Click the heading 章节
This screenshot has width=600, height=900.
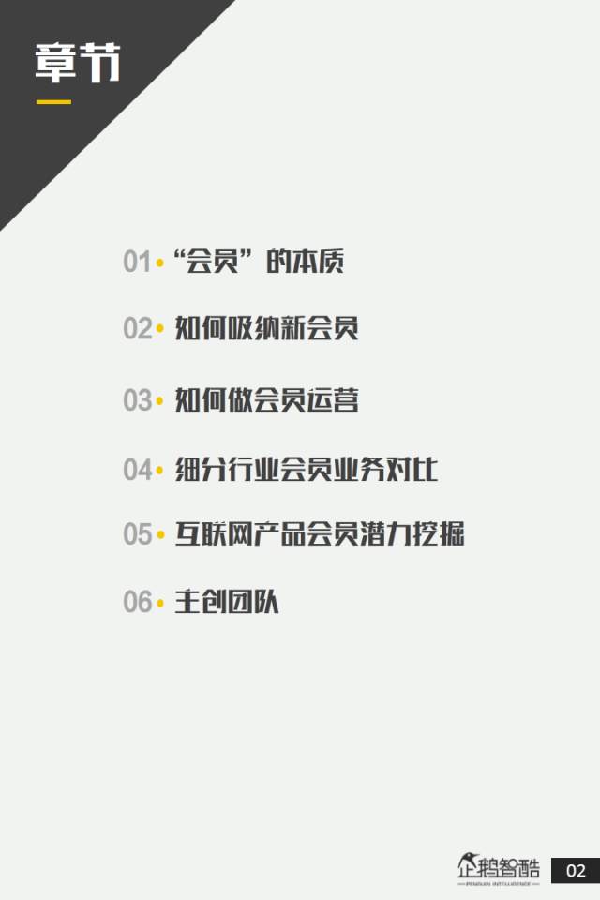[79, 64]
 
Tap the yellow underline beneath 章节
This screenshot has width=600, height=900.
[53, 101]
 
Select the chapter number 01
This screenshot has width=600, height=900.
[137, 262]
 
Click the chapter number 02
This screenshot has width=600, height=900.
[137, 329]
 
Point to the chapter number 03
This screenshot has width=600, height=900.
[137, 400]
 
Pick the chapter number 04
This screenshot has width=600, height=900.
[137, 469]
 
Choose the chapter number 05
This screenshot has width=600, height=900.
[137, 534]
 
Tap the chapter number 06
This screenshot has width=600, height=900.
[137, 602]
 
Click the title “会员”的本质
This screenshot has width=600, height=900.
[260, 261]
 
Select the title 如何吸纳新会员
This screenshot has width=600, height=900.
[267, 328]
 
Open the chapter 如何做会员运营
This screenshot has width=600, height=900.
[267, 400]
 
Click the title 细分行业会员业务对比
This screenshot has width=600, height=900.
[307, 468]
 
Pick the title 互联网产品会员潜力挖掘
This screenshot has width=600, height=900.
[320, 533]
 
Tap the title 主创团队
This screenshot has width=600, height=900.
[227, 601]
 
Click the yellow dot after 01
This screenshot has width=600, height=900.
[159, 262]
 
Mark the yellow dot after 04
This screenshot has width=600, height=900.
[159, 470]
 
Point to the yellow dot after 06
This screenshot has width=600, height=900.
[159, 603]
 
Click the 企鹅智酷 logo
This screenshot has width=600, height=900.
[499, 870]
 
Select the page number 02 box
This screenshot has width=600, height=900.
[575, 871]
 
